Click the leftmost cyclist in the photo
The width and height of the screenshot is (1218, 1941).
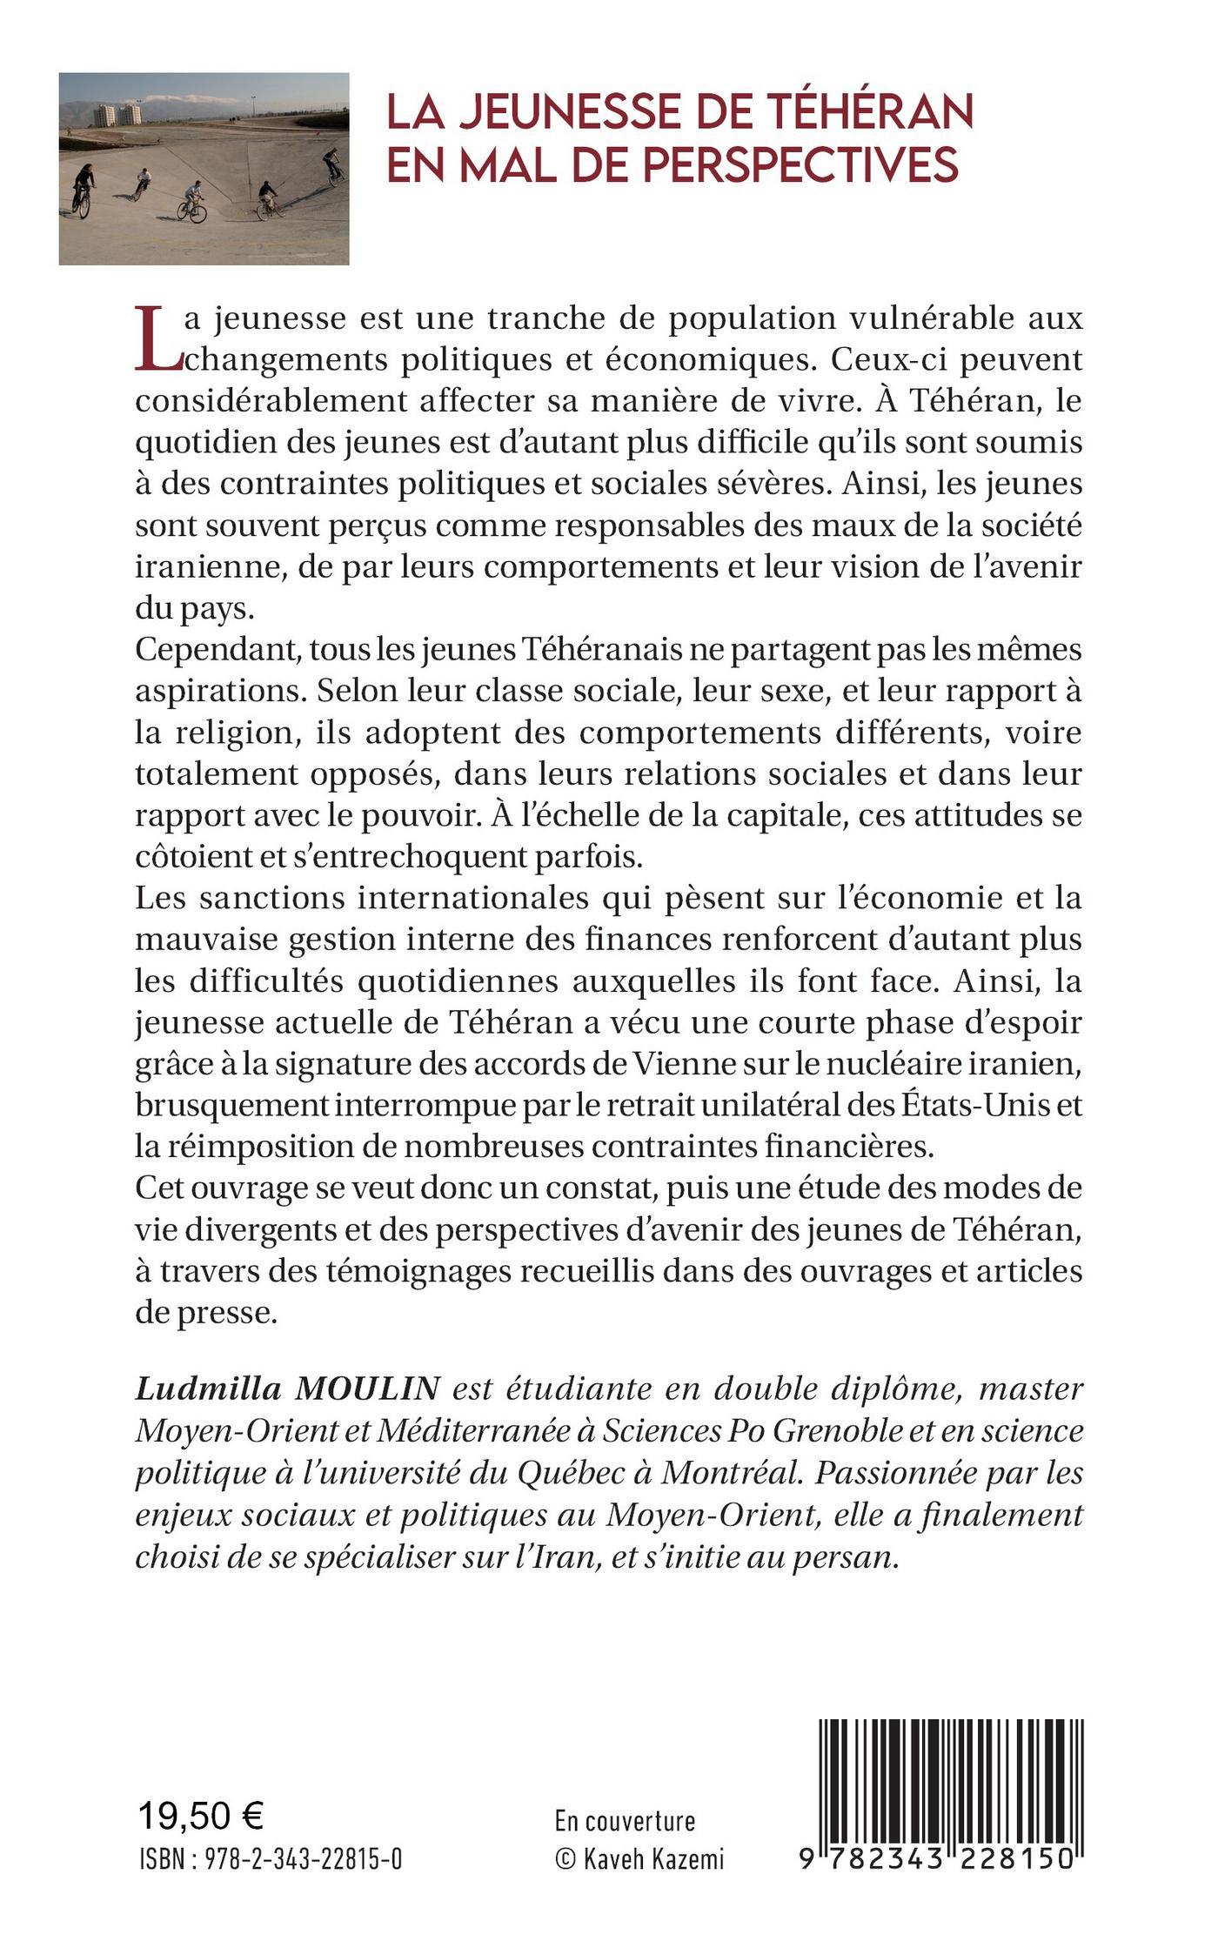pyautogui.click(x=83, y=188)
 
